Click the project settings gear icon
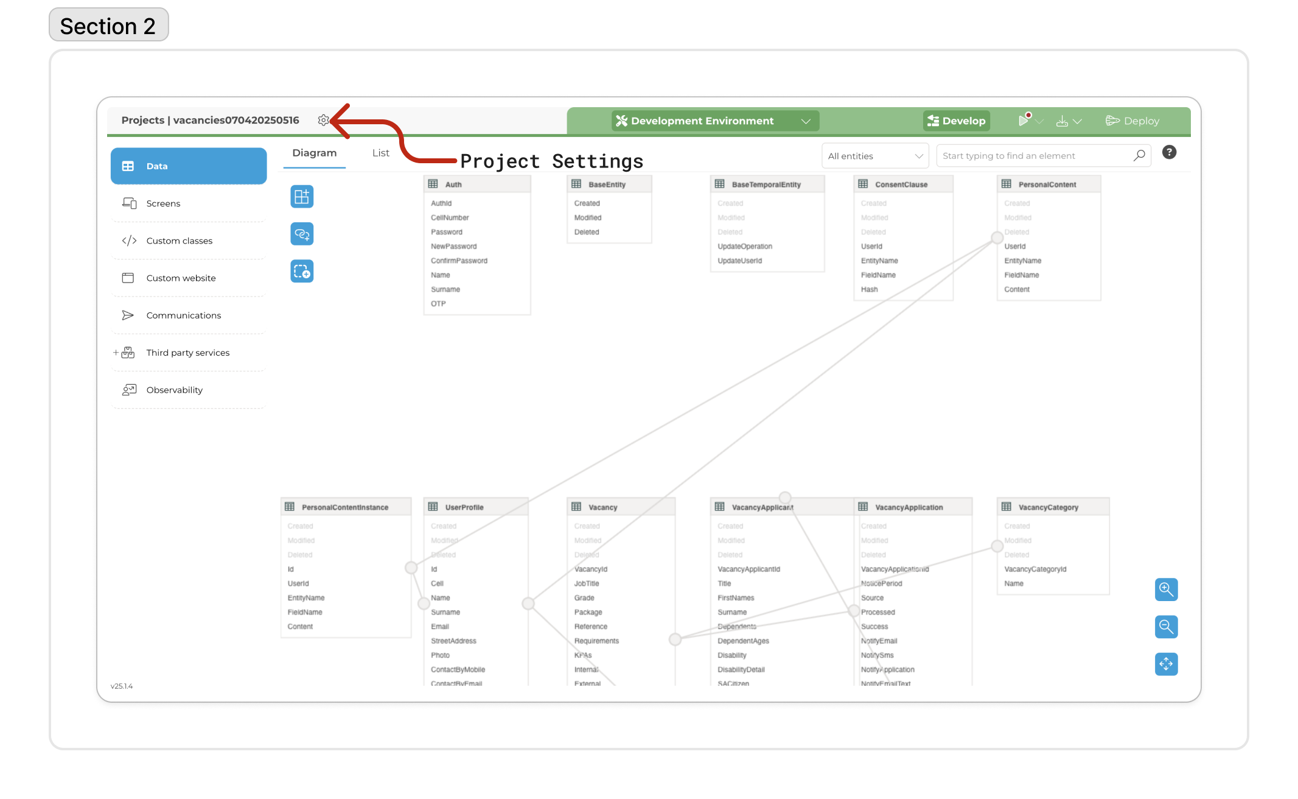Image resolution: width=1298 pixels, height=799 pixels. tap(323, 120)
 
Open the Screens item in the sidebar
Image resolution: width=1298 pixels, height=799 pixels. tap(163, 203)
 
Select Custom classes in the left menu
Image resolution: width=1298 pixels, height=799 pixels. tap(179, 241)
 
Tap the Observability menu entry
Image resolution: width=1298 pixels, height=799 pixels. tap(174, 390)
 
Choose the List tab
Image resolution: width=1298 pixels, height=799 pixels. tap(380, 153)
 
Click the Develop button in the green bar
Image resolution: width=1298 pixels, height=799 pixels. tap(957, 121)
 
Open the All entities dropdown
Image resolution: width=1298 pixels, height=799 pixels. tap(874, 156)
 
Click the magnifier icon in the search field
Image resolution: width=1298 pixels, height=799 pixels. tap(1139, 156)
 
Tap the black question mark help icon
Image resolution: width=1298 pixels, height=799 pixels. tap(1169, 152)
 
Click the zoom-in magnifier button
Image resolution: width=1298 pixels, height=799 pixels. tap(1166, 590)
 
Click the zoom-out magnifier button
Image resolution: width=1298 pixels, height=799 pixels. tap(1166, 627)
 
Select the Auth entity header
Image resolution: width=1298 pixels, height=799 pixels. tap(453, 185)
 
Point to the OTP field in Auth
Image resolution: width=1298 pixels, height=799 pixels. tap(438, 304)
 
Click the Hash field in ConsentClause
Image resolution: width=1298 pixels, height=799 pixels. tap(869, 289)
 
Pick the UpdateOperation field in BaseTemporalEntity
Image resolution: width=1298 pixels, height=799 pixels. tap(745, 247)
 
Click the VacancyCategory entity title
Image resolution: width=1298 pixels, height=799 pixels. tap(1048, 507)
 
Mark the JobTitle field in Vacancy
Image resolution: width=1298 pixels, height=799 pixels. tap(587, 583)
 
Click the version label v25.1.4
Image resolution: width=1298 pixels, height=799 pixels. tap(122, 686)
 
